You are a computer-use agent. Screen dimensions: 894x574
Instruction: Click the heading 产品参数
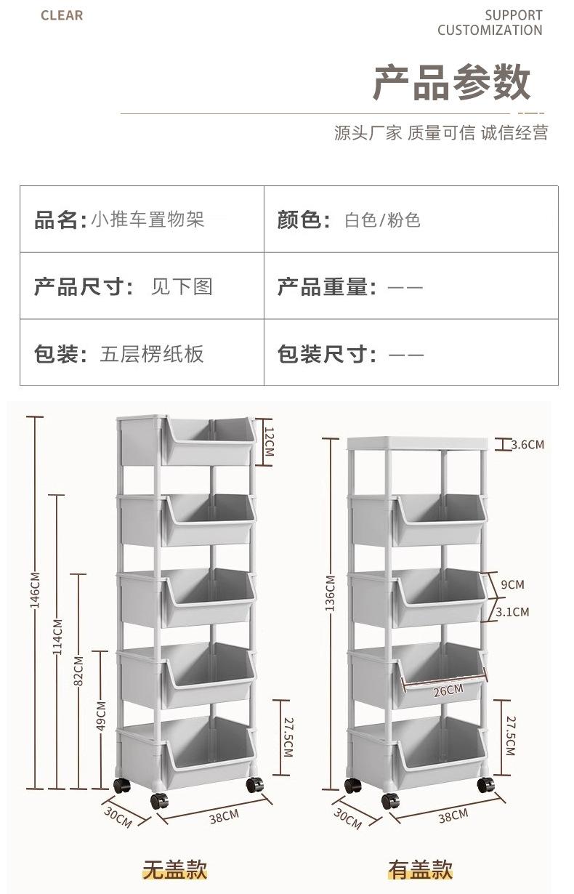click(452, 83)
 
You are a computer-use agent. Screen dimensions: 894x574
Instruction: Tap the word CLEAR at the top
click(62, 16)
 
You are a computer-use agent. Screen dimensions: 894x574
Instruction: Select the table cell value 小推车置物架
click(147, 220)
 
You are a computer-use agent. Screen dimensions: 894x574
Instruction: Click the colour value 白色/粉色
click(382, 220)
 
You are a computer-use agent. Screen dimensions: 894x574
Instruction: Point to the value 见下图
click(182, 286)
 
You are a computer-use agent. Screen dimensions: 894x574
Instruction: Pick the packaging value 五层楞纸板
click(152, 354)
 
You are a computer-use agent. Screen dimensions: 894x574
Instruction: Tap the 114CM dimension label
click(57, 636)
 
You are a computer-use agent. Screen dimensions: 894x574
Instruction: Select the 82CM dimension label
click(79, 669)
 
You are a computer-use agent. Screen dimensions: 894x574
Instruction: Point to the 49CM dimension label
click(101, 716)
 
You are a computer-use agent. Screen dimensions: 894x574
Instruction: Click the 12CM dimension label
click(267, 441)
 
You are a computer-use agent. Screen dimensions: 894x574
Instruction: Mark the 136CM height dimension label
click(331, 592)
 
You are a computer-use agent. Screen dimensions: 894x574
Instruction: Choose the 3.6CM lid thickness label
click(527, 444)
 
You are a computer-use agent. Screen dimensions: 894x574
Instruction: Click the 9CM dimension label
click(512, 584)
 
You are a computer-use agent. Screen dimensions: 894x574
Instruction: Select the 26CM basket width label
click(448, 690)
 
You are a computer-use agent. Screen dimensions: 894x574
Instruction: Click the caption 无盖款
click(174, 869)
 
